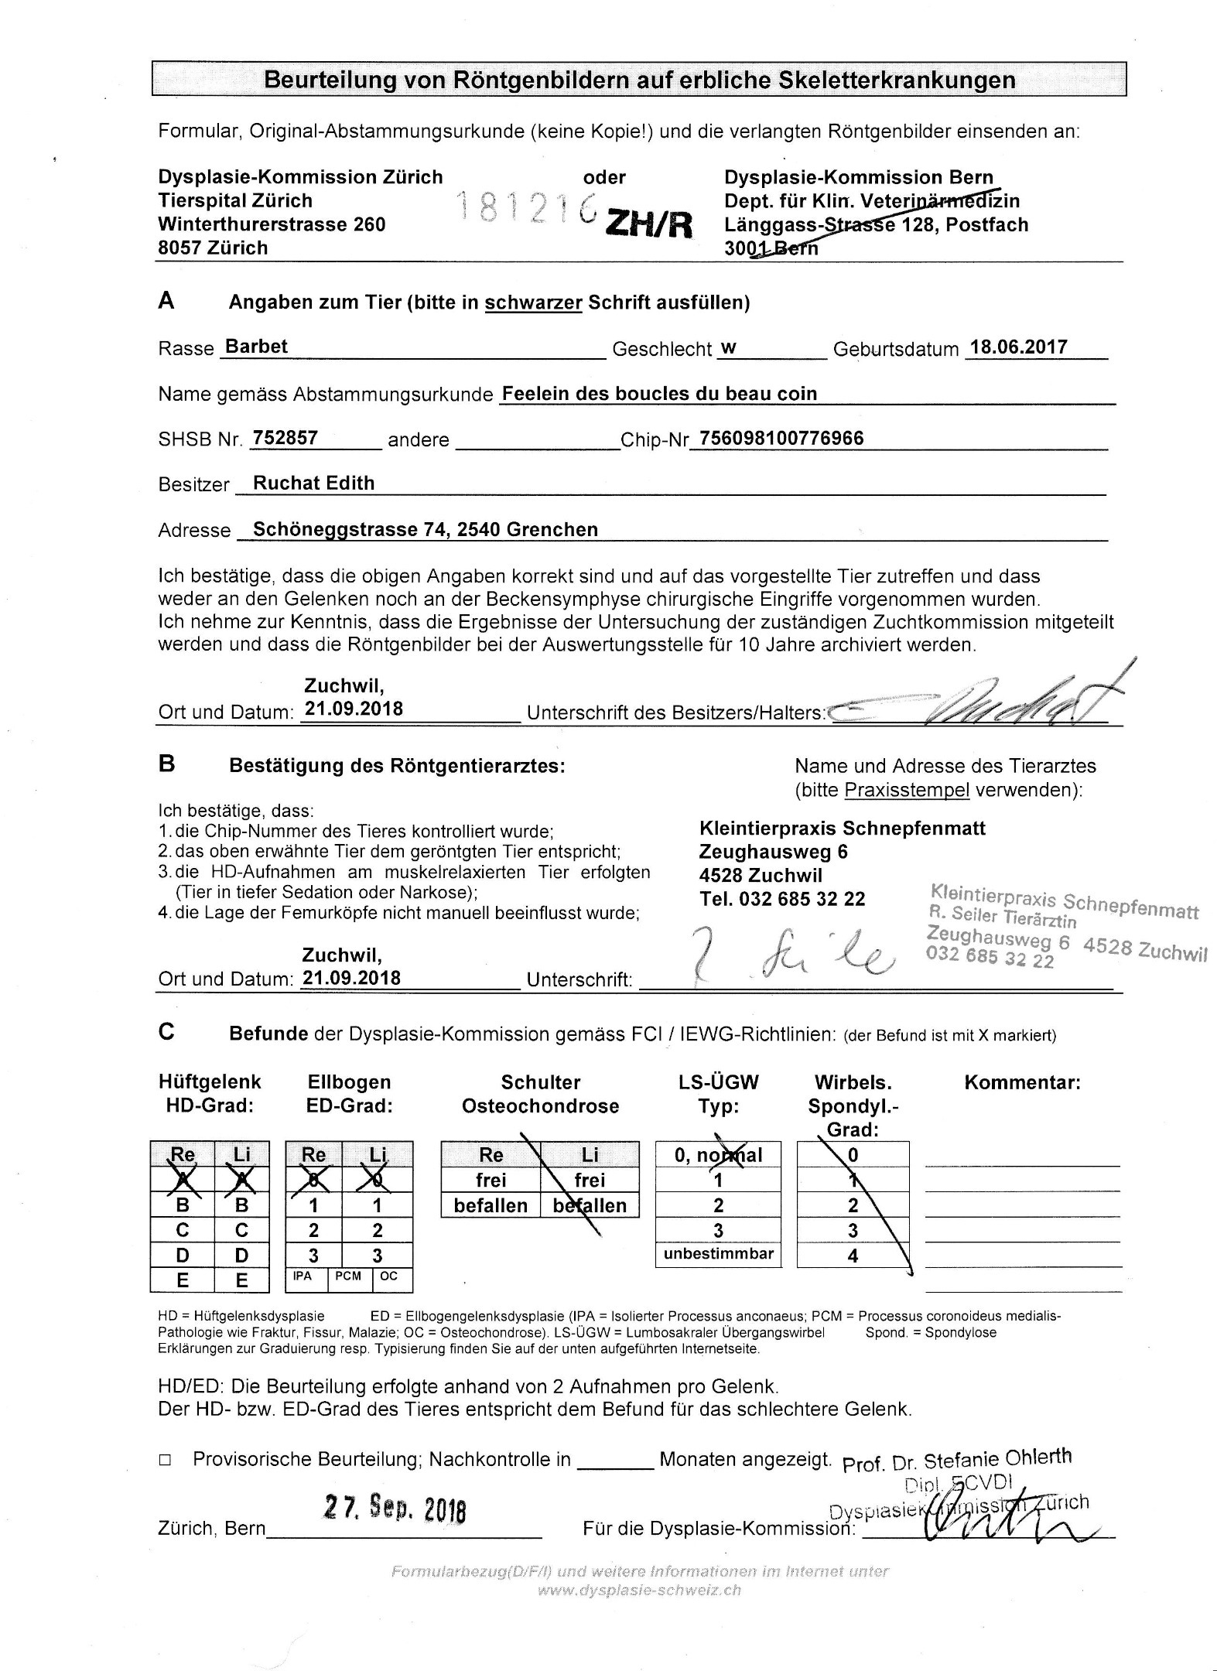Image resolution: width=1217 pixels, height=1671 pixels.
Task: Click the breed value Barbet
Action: click(x=255, y=347)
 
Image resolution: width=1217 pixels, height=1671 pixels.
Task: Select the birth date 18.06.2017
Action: click(x=1019, y=347)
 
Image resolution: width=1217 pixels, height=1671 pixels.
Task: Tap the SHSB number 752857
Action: click(x=285, y=438)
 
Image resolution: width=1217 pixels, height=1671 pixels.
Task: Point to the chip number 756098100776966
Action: click(x=781, y=438)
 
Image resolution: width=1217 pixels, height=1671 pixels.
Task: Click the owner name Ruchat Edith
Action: click(x=313, y=484)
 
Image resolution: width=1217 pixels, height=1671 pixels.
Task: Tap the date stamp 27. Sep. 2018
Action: click(x=395, y=1508)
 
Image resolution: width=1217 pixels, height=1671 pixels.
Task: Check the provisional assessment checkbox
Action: click(x=164, y=1460)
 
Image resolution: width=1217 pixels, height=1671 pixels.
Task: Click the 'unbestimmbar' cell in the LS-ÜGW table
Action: click(x=718, y=1254)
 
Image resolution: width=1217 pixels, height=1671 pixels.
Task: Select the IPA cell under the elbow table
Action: click(x=303, y=1276)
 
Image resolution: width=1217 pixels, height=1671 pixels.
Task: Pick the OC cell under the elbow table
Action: click(x=389, y=1276)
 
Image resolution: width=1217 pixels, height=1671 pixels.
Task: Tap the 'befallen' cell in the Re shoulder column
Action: click(x=491, y=1206)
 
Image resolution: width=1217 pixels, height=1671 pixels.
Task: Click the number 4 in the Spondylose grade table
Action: click(x=853, y=1256)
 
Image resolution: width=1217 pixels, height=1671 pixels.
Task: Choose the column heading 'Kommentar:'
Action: click(x=1022, y=1082)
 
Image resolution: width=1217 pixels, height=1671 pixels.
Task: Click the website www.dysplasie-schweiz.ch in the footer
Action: click(x=639, y=1591)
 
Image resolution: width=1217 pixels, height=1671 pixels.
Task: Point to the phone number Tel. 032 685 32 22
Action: click(x=782, y=899)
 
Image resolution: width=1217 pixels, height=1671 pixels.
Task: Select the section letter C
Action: click(x=166, y=1032)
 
